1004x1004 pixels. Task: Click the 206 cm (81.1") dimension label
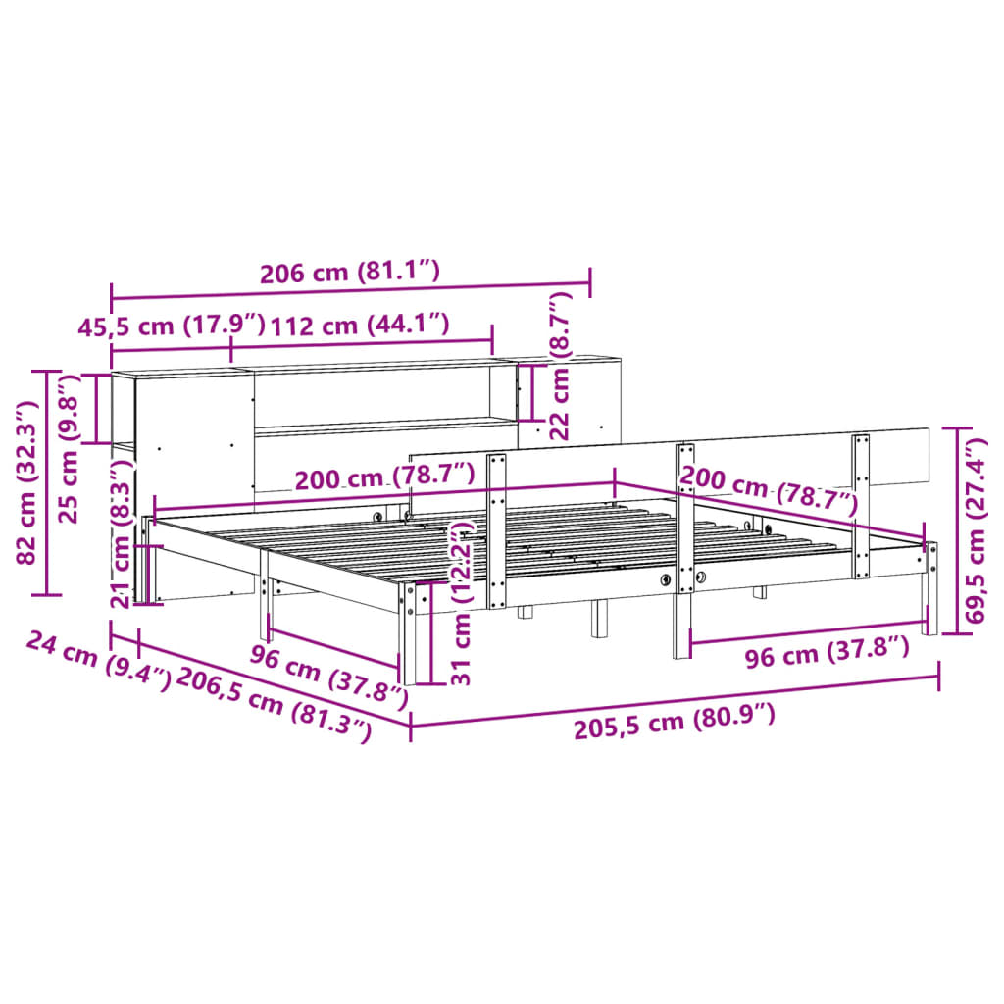click(x=350, y=273)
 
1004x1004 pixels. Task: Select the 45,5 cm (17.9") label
click(x=172, y=326)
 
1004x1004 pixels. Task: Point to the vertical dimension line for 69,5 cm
click(x=957, y=530)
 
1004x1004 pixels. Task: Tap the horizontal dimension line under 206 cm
click(x=350, y=291)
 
